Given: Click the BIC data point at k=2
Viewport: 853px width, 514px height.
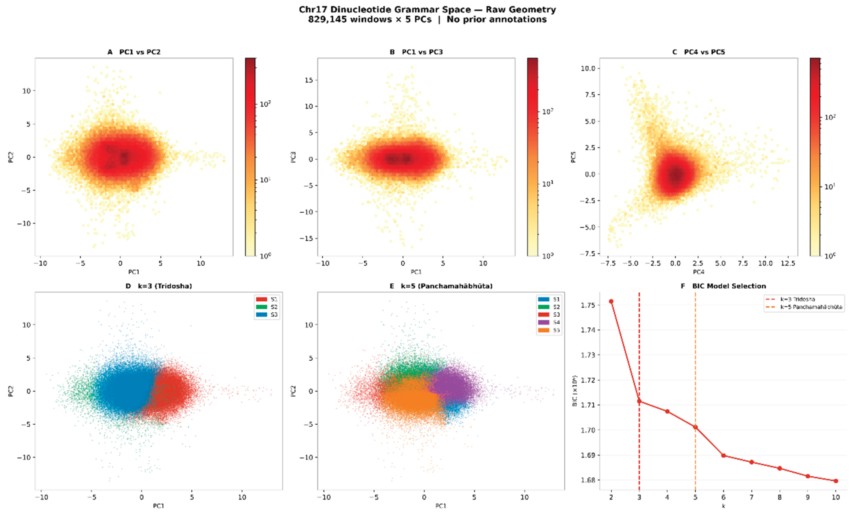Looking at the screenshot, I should pyautogui.click(x=611, y=301).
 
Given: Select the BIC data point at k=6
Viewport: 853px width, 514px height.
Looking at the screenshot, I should pyautogui.click(x=723, y=455).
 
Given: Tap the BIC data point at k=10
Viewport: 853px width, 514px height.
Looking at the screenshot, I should pyautogui.click(x=836, y=481).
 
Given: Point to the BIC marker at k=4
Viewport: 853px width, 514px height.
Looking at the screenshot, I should pyautogui.click(x=667, y=411).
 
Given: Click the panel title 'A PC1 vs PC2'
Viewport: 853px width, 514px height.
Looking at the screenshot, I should pyautogui.click(x=134, y=52).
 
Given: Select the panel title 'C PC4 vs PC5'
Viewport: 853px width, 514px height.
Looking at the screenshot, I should pyautogui.click(x=699, y=52).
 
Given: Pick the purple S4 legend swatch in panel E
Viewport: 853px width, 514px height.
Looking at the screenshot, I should pyautogui.click(x=544, y=322).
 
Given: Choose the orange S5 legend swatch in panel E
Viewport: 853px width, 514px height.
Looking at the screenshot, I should pyautogui.click(x=544, y=330).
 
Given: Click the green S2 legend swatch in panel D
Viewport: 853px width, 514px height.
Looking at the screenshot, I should pyautogui.click(x=261, y=307).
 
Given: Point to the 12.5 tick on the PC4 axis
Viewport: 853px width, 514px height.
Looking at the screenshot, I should pyautogui.click(x=788, y=263).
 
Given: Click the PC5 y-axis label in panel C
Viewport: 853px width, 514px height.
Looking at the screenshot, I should pyautogui.click(x=573, y=157).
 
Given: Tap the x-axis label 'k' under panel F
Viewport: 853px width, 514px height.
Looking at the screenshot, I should pyautogui.click(x=723, y=506).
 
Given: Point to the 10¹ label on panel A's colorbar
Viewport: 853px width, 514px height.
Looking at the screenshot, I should pyautogui.click(x=265, y=180).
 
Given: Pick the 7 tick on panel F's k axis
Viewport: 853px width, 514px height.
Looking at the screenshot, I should pyautogui.click(x=751, y=497).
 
